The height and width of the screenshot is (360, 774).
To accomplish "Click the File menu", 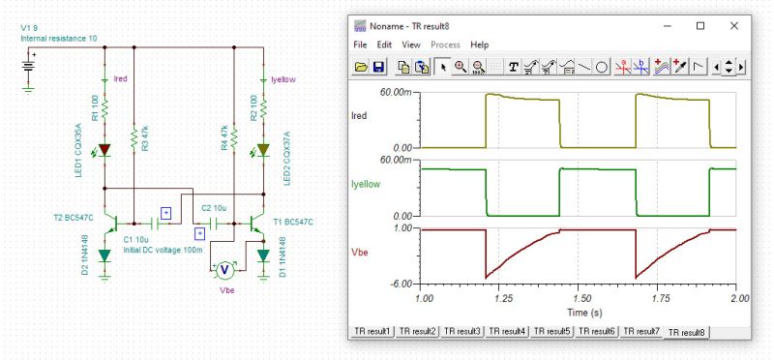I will (x=360, y=45).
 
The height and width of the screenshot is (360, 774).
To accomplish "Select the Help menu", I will (x=479, y=45).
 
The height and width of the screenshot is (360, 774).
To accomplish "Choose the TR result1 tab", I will (x=374, y=331).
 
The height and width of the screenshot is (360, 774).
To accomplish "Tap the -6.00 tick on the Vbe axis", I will (x=403, y=285).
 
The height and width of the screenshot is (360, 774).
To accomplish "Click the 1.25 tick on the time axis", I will (x=500, y=300).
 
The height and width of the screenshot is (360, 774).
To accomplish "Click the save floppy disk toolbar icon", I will (x=379, y=67).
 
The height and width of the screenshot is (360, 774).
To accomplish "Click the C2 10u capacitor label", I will (x=214, y=208).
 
